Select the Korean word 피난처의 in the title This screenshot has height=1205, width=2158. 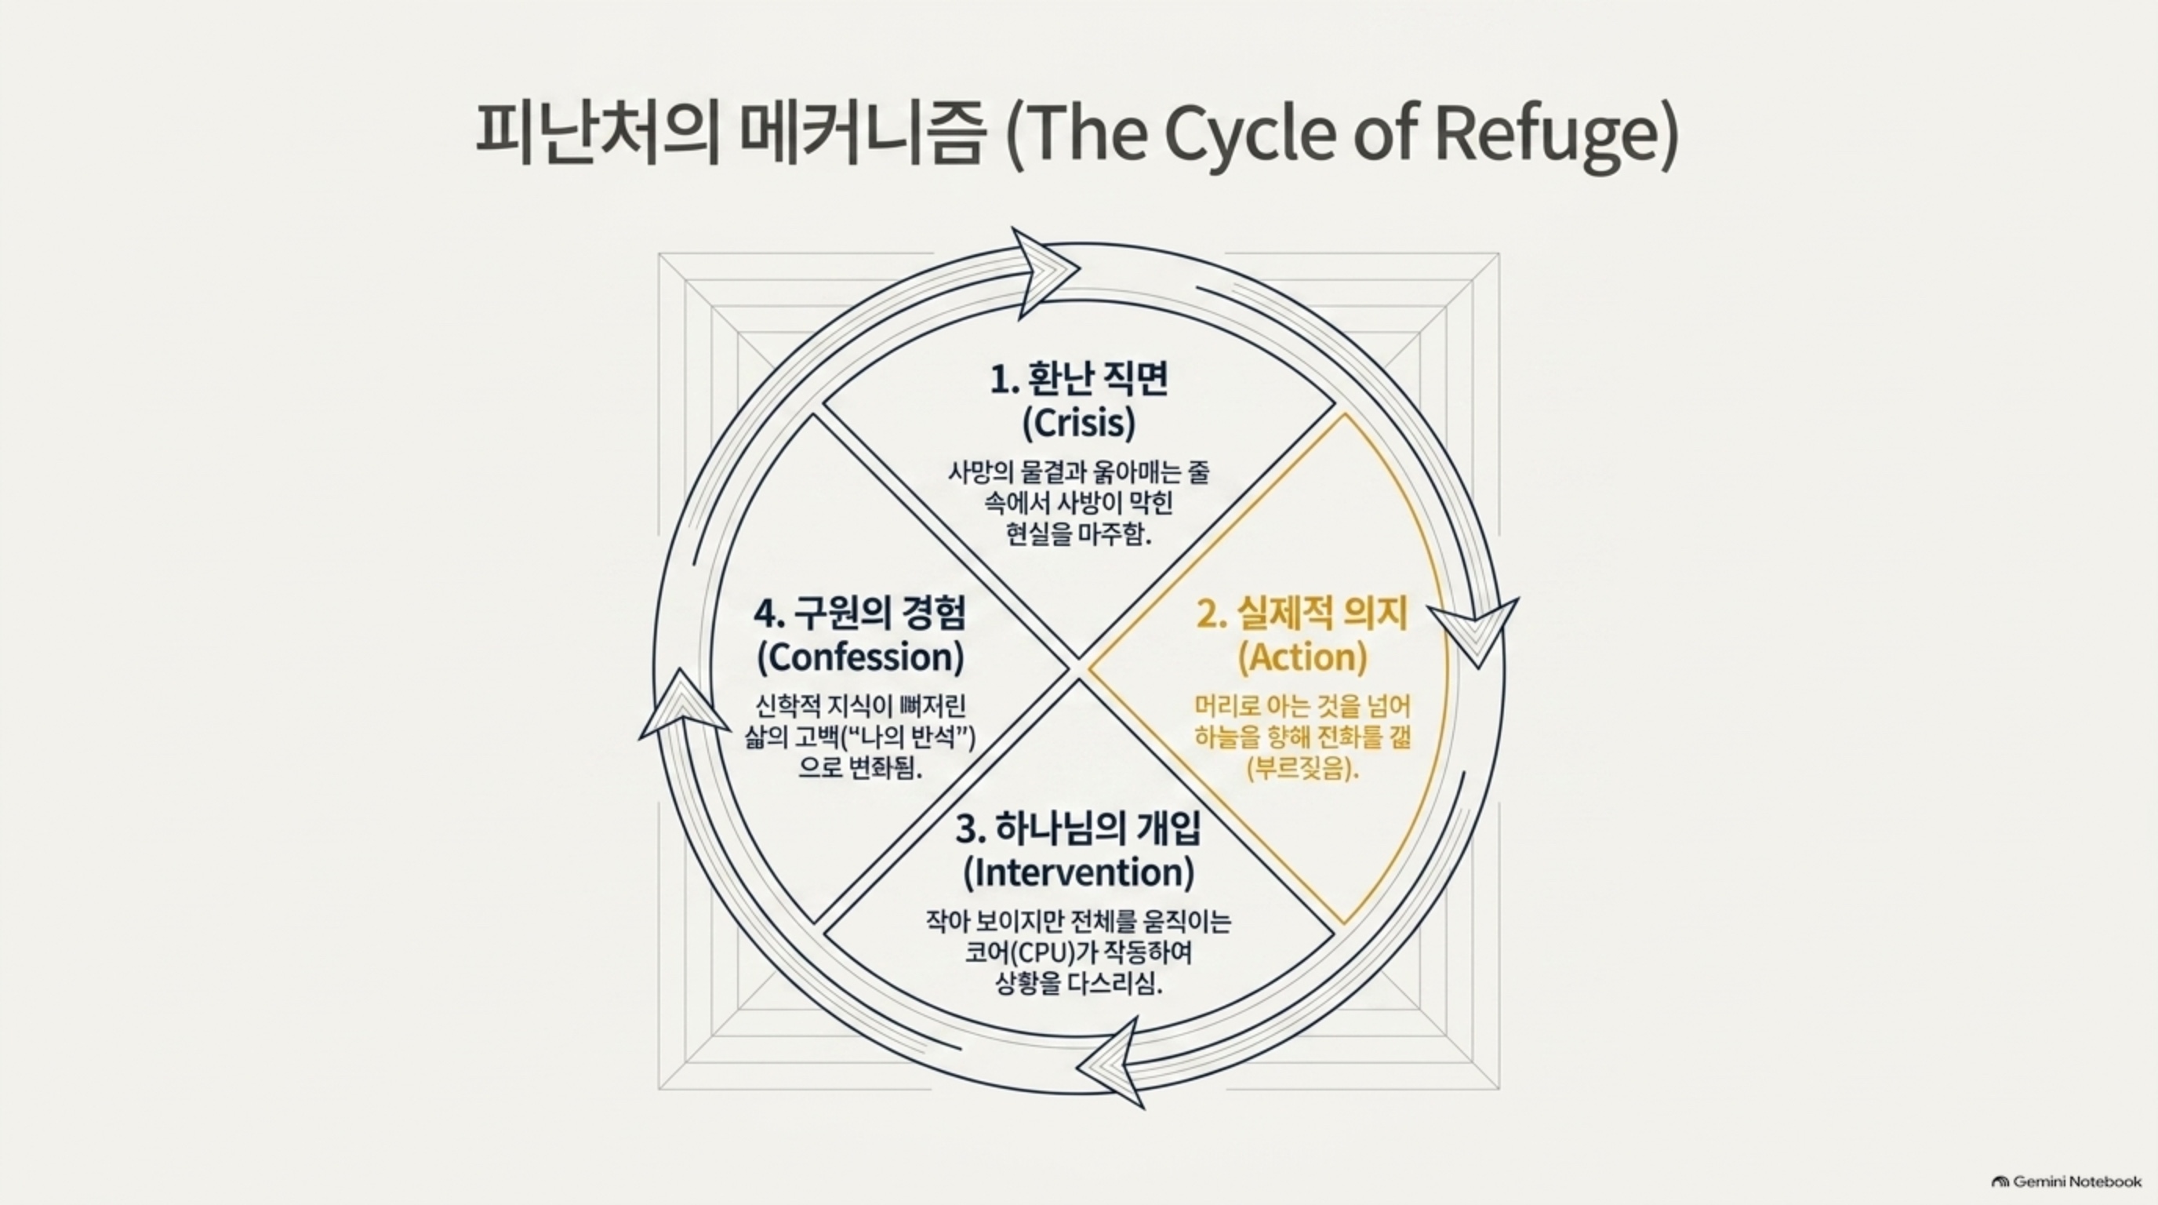[598, 134]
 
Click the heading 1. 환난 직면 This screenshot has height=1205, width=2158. [1079, 380]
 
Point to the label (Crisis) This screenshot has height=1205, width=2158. [1079, 423]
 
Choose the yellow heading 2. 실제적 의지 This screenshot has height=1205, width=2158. [1302, 614]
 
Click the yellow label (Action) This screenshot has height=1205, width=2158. [1302, 657]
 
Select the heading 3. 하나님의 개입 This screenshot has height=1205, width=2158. [1078, 828]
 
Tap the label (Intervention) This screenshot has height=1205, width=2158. [1078, 872]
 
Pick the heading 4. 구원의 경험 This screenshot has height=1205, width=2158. [859, 613]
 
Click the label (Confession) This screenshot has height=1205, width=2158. [859, 657]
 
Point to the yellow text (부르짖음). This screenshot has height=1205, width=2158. [1302, 768]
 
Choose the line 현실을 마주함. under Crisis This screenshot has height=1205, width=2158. [1079, 533]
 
